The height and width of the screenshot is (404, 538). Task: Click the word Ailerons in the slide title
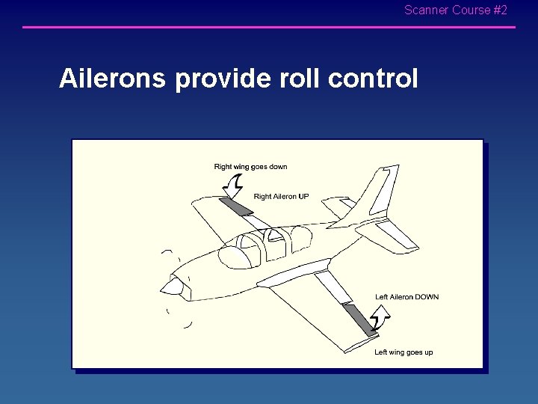(x=113, y=79)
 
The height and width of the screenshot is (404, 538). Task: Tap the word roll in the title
(x=301, y=79)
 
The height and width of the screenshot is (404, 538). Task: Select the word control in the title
(x=373, y=79)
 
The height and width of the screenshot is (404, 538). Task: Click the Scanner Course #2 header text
(x=455, y=10)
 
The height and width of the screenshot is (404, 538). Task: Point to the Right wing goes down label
(x=250, y=167)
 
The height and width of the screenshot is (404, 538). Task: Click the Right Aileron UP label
(x=281, y=197)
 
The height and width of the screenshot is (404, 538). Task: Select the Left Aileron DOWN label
(x=406, y=297)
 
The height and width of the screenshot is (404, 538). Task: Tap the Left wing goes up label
(x=403, y=352)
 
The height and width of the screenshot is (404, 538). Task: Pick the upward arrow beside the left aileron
(x=380, y=322)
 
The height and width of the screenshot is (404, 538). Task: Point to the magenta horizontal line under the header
(x=269, y=28)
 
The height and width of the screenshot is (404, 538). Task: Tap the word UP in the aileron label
(x=303, y=197)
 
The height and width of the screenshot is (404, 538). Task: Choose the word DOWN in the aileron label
(x=426, y=297)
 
